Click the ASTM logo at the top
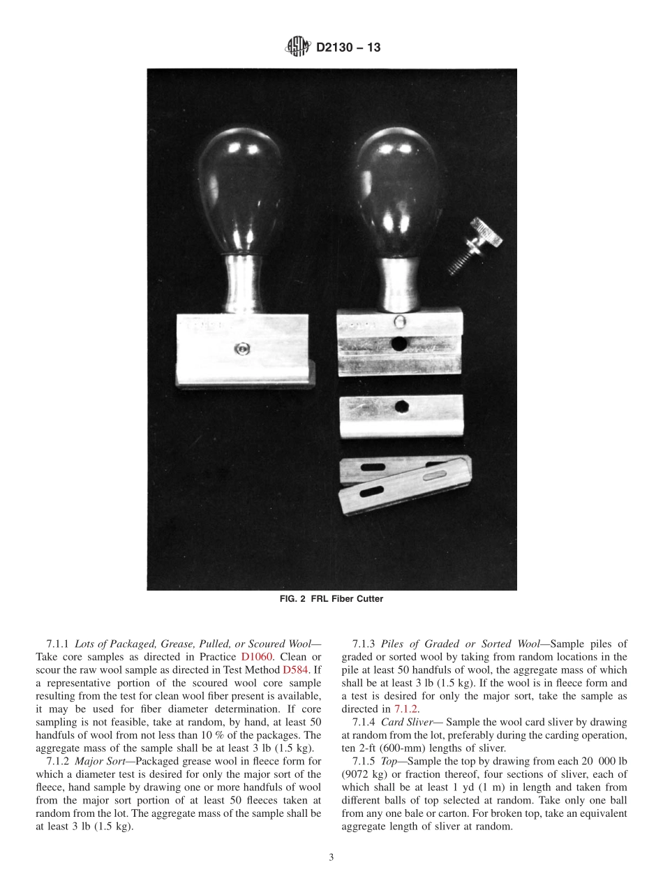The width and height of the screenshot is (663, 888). (298, 48)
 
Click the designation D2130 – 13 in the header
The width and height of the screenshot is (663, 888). (348, 48)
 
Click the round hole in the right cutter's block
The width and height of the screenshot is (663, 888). (399, 343)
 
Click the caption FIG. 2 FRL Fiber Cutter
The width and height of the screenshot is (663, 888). (331, 599)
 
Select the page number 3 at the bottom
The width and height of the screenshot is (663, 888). (331, 857)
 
